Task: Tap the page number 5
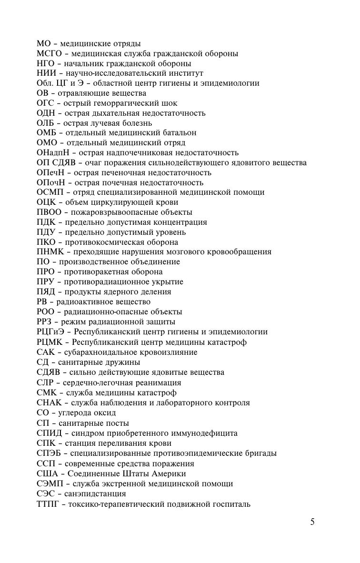tap(312, 522)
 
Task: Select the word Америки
tap(169, 474)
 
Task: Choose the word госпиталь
tap(231, 504)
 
